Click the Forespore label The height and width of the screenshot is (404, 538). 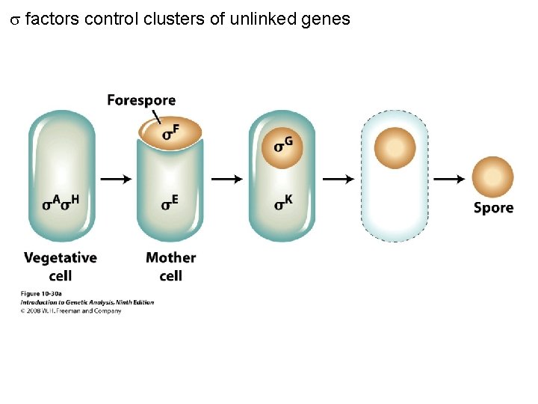(141, 100)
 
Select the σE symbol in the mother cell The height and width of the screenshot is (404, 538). (170, 202)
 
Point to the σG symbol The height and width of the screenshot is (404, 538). (283, 144)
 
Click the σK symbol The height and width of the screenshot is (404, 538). (282, 202)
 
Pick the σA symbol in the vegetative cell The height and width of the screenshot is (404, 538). (51, 203)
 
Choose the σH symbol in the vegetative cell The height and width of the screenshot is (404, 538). (70, 203)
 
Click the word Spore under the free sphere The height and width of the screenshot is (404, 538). (493, 208)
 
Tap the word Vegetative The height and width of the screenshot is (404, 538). (61, 258)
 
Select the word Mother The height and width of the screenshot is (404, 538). (171, 258)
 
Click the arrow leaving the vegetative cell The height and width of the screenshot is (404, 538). (116, 179)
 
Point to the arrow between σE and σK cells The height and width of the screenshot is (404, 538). (227, 179)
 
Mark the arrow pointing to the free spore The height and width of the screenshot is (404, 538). (449, 179)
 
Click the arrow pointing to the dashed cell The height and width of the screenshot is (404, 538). (338, 179)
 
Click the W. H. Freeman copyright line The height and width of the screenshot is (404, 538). (71, 310)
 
